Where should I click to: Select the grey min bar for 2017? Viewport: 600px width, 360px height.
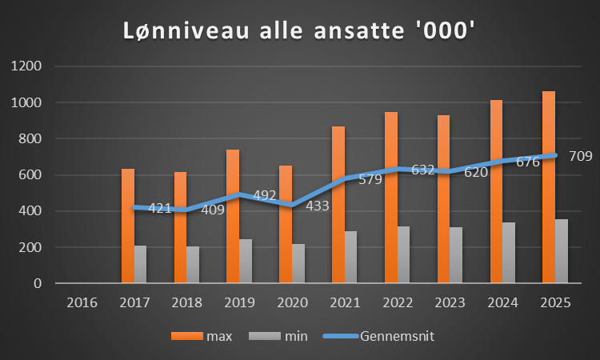click(141, 264)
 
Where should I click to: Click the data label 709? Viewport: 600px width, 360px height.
click(581, 156)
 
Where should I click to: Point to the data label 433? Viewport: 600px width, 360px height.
click(318, 206)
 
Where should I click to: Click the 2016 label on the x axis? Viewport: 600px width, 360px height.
click(82, 304)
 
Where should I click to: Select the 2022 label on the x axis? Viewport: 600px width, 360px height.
click(397, 304)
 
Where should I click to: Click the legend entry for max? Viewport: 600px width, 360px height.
click(218, 336)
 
